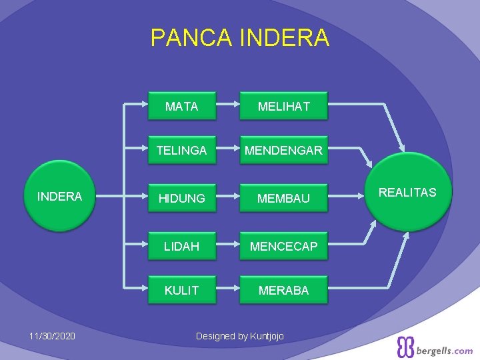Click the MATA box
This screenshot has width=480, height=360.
pyautogui.click(x=181, y=105)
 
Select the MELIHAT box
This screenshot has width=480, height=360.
pyautogui.click(x=284, y=105)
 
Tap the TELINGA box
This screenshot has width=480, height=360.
pyautogui.click(x=181, y=151)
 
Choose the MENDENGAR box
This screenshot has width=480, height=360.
pyautogui.click(x=284, y=151)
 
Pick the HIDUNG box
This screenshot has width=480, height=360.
pyautogui.click(x=181, y=198)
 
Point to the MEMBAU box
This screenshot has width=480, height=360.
pyautogui.click(x=284, y=198)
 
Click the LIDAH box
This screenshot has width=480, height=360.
pyautogui.click(x=181, y=246)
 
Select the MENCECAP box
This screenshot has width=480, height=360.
pyautogui.click(x=284, y=246)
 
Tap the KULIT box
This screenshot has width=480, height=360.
pyautogui.click(x=181, y=290)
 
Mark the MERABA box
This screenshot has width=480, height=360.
pyautogui.click(x=284, y=290)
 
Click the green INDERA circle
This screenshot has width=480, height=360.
pyautogui.click(x=59, y=196)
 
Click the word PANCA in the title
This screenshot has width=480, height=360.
pyautogui.click(x=189, y=38)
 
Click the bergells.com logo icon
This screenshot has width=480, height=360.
pyautogui.click(x=405, y=347)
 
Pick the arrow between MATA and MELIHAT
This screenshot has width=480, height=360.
pyautogui.click(x=228, y=105)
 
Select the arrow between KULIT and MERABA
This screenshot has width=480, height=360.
pyautogui.click(x=228, y=290)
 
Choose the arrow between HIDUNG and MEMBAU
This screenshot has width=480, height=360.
pyautogui.click(x=228, y=198)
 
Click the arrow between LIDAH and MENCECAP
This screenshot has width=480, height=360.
pyautogui.click(x=228, y=246)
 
